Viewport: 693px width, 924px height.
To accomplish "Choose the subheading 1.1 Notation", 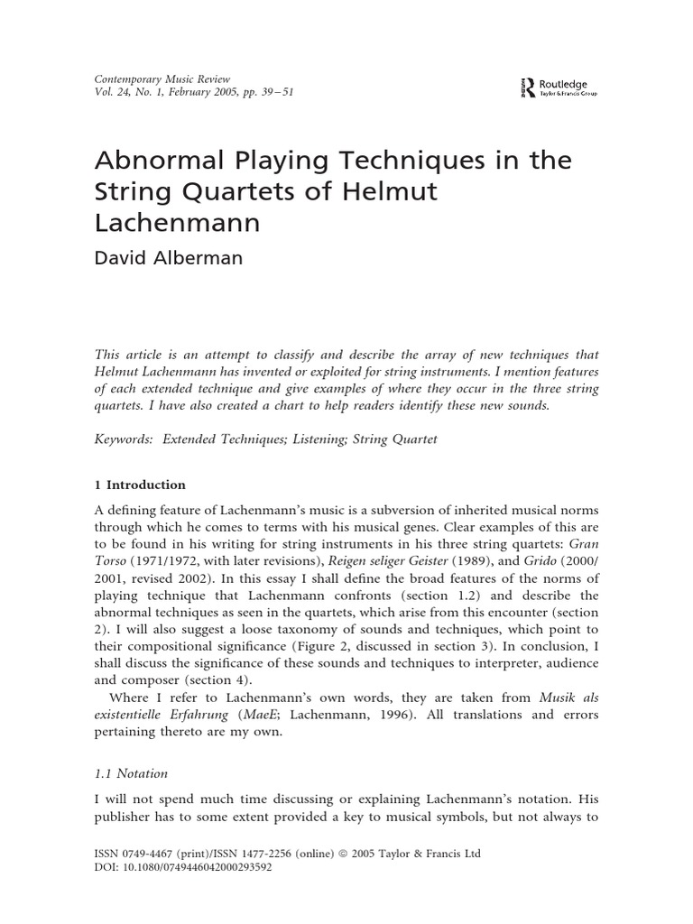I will (x=131, y=774).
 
